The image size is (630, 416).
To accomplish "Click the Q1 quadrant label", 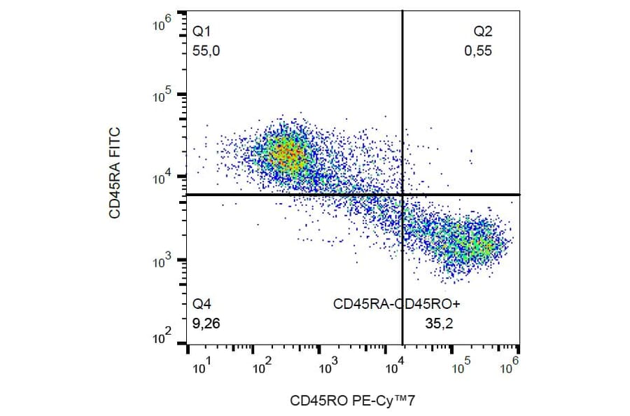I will [x=202, y=32].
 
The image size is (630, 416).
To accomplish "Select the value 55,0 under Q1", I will [x=206, y=50].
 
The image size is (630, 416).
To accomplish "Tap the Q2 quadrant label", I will [x=483, y=32].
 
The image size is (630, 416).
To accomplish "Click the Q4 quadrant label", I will [x=202, y=304].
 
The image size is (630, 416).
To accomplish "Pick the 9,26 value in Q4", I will [x=206, y=324].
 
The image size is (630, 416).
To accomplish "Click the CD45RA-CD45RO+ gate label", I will [x=396, y=304].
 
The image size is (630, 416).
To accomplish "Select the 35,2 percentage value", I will [x=437, y=324].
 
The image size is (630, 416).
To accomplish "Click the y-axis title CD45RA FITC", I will [x=115, y=173].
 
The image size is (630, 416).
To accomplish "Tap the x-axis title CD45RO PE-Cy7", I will [x=347, y=401].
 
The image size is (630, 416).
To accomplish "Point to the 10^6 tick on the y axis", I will [x=162, y=26].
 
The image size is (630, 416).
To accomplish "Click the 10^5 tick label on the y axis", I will [x=162, y=96].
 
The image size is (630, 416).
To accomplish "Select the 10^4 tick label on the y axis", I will [x=162, y=178].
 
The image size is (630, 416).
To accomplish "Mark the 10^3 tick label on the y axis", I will [x=162, y=261].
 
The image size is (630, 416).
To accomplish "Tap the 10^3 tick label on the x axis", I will [x=328, y=366].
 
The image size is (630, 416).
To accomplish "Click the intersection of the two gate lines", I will [x=402, y=194].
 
